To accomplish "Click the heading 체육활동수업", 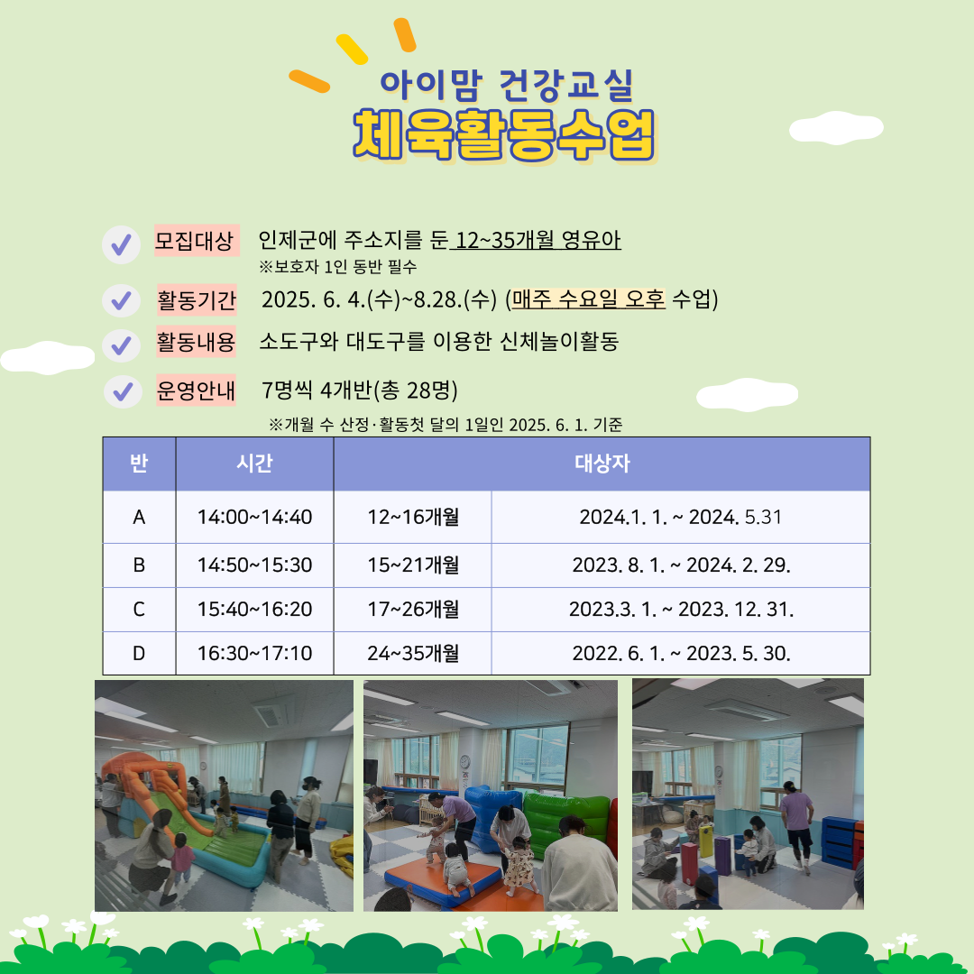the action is [504, 134].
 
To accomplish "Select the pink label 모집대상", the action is [197, 241].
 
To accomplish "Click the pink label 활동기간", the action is [197, 300].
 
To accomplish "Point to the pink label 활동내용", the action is [196, 342].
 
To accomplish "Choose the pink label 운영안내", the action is [196, 391].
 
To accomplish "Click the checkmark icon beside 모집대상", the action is [121, 244].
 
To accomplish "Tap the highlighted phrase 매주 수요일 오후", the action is [588, 299].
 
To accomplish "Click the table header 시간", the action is [254, 464].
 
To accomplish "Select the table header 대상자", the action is [602, 464].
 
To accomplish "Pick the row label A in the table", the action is [139, 517].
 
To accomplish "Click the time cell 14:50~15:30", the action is [254, 565].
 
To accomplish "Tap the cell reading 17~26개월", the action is [413, 609].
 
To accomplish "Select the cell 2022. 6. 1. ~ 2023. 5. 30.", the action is [681, 653].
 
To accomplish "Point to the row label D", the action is [139, 653].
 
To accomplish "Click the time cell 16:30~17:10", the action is [254, 653].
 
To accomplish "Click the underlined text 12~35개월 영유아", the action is [538, 240].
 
